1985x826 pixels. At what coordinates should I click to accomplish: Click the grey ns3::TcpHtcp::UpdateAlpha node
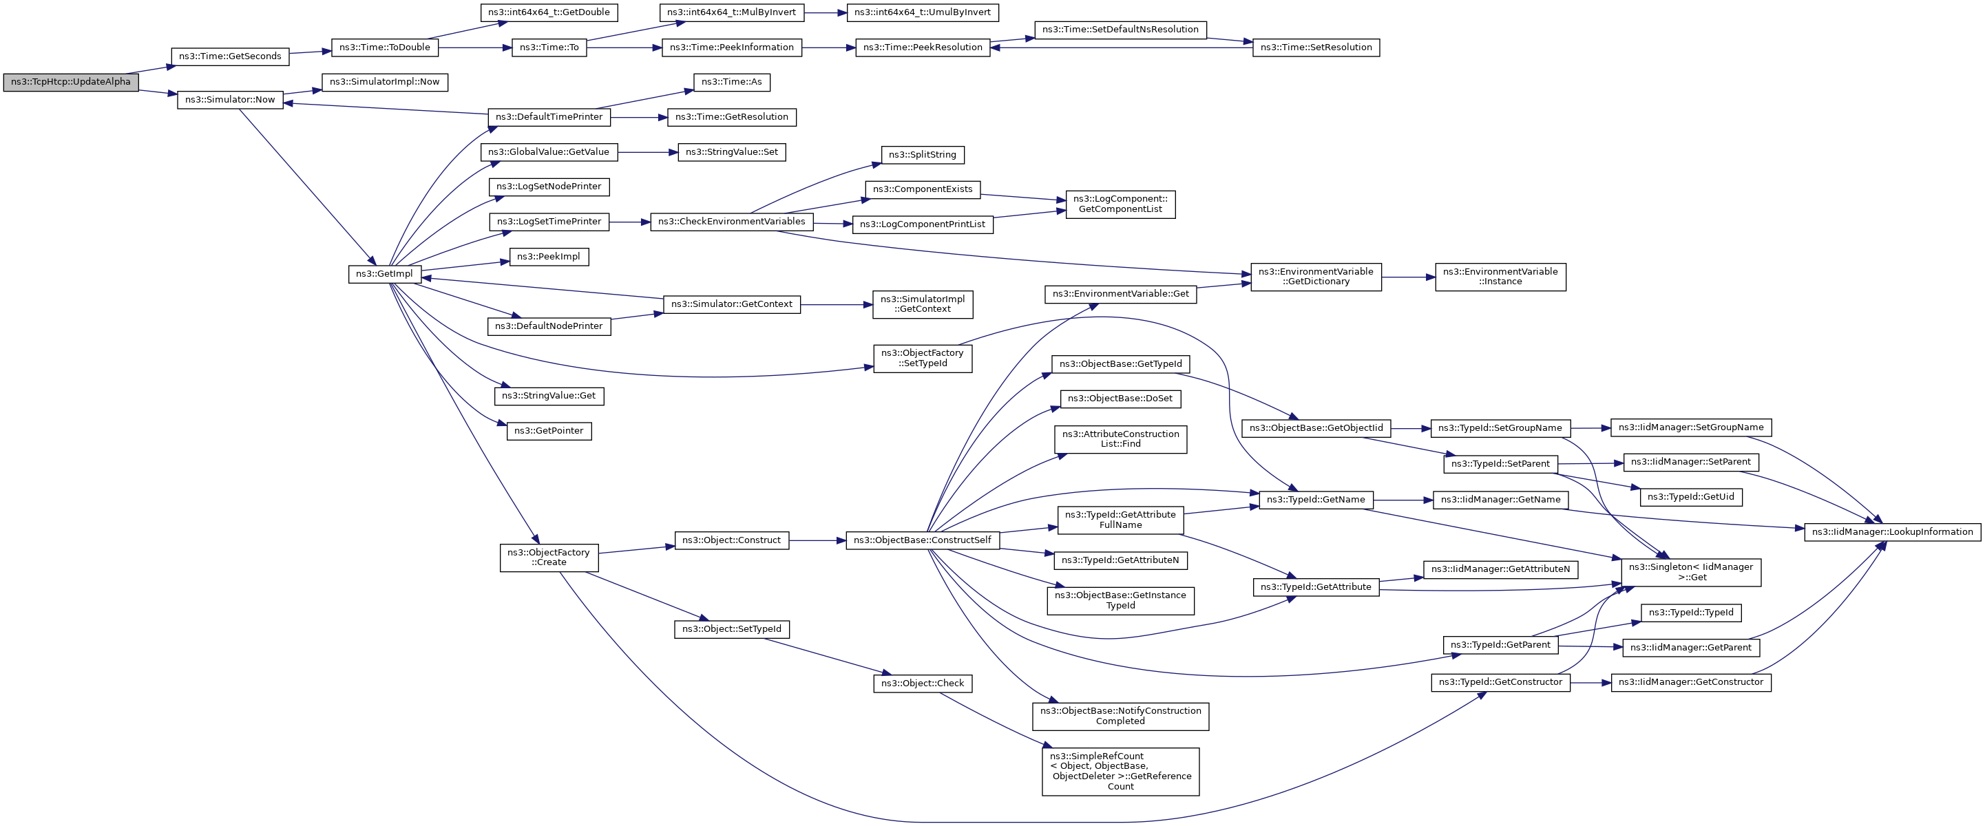point(71,82)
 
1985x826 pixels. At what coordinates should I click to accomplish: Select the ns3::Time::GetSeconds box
point(230,56)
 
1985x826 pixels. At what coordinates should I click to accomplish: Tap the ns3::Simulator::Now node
point(230,99)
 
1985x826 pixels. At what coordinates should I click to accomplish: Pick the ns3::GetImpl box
point(384,273)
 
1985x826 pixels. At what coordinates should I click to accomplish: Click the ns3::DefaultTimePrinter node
point(549,117)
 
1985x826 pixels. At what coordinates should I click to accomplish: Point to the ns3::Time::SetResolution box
point(1315,47)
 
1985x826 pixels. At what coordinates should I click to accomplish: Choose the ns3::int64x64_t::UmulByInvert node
point(923,12)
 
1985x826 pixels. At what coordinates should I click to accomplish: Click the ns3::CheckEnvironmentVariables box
point(731,221)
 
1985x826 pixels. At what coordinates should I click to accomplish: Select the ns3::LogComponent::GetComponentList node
point(1120,204)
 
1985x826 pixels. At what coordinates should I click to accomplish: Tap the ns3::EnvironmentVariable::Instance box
point(1500,277)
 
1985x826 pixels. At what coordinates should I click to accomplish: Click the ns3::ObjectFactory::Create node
point(549,557)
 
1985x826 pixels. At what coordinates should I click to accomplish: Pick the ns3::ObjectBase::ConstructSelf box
point(922,540)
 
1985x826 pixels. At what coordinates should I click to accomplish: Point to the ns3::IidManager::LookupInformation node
point(1892,531)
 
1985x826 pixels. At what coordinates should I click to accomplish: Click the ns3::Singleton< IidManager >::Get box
point(1690,572)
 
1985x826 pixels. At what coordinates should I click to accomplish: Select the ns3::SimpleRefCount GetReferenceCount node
point(1120,772)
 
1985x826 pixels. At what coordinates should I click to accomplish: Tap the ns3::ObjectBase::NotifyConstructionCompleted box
point(1120,716)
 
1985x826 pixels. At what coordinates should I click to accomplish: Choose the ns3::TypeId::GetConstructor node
point(1500,682)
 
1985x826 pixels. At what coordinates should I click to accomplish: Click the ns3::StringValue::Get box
point(549,396)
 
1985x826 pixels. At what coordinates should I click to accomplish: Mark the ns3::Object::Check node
point(922,684)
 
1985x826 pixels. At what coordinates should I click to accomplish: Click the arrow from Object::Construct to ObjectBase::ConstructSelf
point(817,540)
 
